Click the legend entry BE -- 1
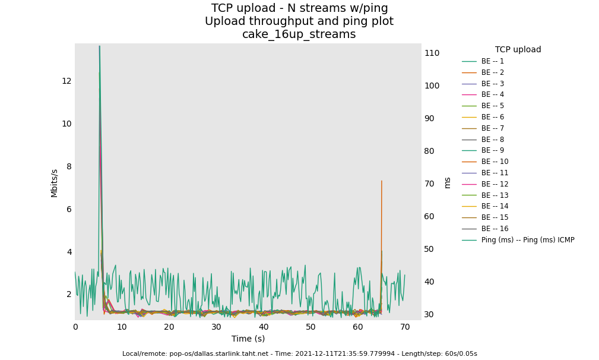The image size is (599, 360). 492,61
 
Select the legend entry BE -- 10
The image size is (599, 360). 495,162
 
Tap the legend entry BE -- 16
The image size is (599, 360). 495,229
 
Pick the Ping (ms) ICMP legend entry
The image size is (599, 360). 527,240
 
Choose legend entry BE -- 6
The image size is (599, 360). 492,117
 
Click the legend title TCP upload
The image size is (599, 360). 518,50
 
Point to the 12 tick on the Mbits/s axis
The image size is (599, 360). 66,81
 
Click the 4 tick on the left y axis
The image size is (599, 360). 69,252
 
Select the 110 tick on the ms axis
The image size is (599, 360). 432,53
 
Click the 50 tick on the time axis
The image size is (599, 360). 310,327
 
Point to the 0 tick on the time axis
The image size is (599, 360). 75,327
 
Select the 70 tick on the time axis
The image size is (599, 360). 405,327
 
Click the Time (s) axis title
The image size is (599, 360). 248,339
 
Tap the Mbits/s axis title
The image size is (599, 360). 55,183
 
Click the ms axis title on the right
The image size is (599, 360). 447,182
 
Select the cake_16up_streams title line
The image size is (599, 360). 299,34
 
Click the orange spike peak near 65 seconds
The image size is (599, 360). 382,181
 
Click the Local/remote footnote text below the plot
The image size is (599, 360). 299,353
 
